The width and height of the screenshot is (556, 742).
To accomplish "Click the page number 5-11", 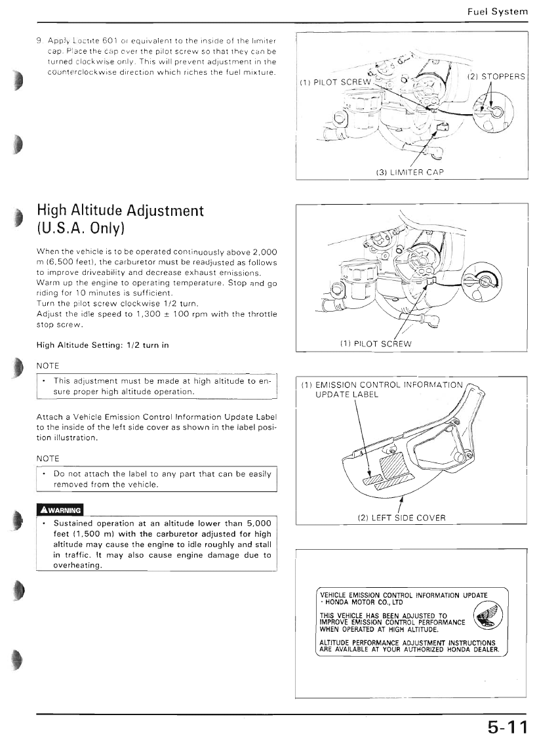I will coord(506,727).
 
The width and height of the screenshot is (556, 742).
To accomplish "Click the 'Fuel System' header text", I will coord(497,12).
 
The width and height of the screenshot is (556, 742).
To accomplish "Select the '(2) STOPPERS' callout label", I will coord(496,77).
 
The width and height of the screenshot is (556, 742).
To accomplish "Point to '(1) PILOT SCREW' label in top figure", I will coord(335,83).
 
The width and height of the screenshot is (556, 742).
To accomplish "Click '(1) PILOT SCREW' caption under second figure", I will coord(376,344).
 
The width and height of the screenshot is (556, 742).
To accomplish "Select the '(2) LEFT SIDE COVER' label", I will coord(401,518).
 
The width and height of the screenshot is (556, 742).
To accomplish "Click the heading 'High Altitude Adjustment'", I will coord(121,211).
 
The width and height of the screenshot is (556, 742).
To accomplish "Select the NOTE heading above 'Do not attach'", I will coord(48,458).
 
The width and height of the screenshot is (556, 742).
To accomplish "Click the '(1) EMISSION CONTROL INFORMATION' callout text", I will coord(381,384).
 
